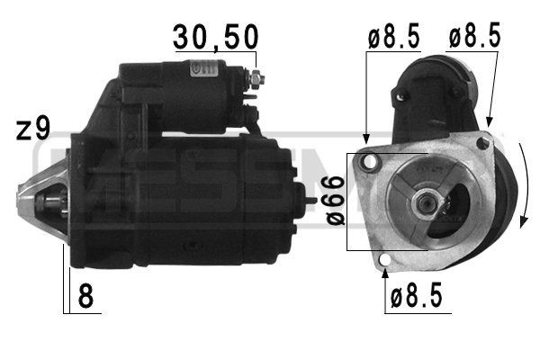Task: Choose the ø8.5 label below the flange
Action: click(416, 297)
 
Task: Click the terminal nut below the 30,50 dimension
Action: click(259, 82)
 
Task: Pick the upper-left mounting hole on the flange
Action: click(366, 162)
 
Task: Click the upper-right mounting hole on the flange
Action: click(484, 143)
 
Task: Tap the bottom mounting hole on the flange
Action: click(385, 262)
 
